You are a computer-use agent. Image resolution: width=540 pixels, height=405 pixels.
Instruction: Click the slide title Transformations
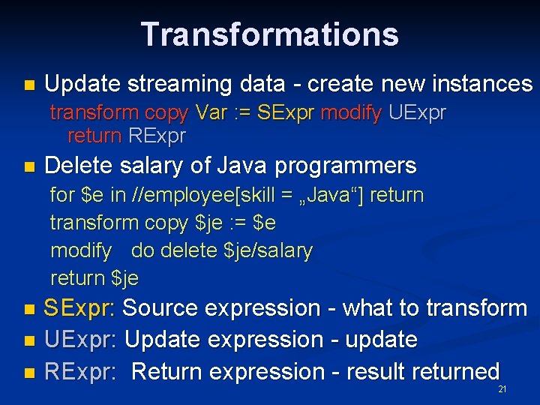[x=269, y=34]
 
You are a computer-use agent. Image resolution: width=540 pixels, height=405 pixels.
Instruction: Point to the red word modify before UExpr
[x=351, y=113]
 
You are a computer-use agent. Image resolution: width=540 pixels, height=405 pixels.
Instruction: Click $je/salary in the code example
[x=268, y=250]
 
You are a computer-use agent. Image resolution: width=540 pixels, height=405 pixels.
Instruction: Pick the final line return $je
[x=94, y=278]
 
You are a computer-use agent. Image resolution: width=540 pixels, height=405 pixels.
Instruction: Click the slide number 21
[x=502, y=390]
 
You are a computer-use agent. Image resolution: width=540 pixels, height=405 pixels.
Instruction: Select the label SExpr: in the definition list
[x=79, y=308]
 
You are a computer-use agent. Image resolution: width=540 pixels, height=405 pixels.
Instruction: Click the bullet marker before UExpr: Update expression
[x=29, y=340]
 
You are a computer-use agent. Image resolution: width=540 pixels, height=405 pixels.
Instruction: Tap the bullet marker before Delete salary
[x=29, y=166]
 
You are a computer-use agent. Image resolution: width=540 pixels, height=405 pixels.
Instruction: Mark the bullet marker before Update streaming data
[x=29, y=85]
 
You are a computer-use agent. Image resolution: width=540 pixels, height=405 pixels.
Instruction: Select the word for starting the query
[x=61, y=196]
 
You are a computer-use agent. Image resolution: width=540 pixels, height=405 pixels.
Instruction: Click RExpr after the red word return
[x=157, y=136]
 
